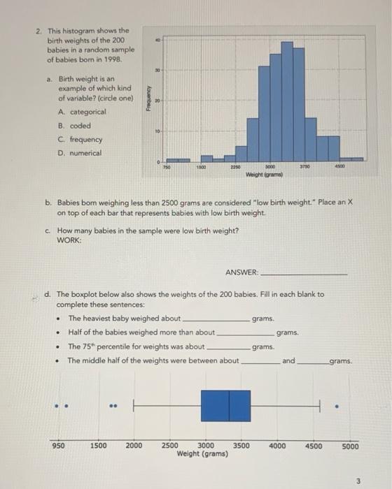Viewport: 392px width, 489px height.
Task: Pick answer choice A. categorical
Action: pyautogui.click(x=82, y=112)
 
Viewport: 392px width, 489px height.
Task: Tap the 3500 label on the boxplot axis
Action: pyautogui.click(x=241, y=446)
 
